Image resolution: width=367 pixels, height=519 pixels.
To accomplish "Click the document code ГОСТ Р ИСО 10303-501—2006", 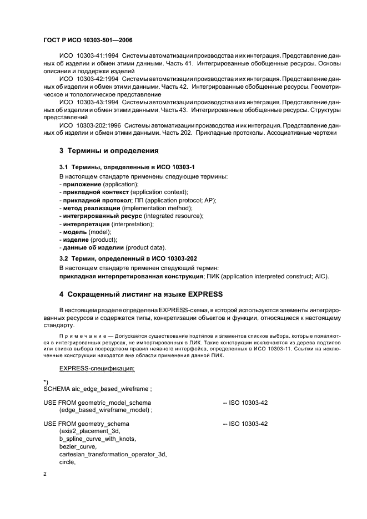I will point(88,40).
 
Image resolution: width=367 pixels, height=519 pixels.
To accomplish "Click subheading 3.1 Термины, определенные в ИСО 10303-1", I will point(127,167).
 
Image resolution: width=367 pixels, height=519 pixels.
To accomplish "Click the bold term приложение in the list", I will point(82,184).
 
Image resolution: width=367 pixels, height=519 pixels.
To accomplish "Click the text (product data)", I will point(146,247).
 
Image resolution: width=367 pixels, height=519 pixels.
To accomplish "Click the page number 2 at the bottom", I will point(45,475).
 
